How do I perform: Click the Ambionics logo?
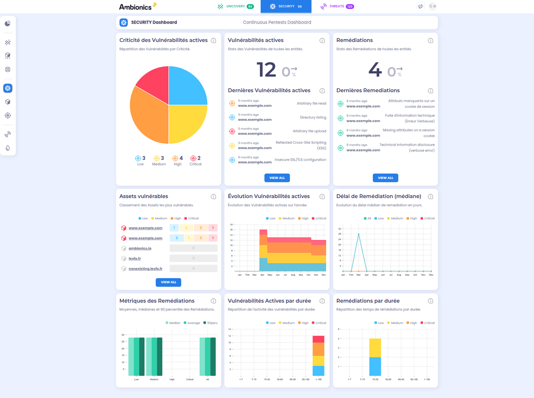(x=138, y=6)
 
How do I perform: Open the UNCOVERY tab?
(x=235, y=6)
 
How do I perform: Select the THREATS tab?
(x=337, y=6)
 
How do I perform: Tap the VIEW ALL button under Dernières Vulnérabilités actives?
(x=277, y=178)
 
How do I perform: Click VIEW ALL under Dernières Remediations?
(x=385, y=178)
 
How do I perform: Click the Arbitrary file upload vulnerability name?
(x=309, y=131)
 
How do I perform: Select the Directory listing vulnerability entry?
(x=313, y=118)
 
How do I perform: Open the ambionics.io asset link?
(x=140, y=248)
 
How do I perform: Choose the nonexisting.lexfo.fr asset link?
(x=145, y=268)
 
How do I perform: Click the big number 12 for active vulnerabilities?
(x=267, y=70)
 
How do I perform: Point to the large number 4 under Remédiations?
(x=375, y=70)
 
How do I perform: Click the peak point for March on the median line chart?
(x=359, y=234)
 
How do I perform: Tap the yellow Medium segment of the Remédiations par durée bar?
(x=375, y=348)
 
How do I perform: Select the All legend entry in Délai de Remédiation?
(x=367, y=218)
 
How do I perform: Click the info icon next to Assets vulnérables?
(x=213, y=196)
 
